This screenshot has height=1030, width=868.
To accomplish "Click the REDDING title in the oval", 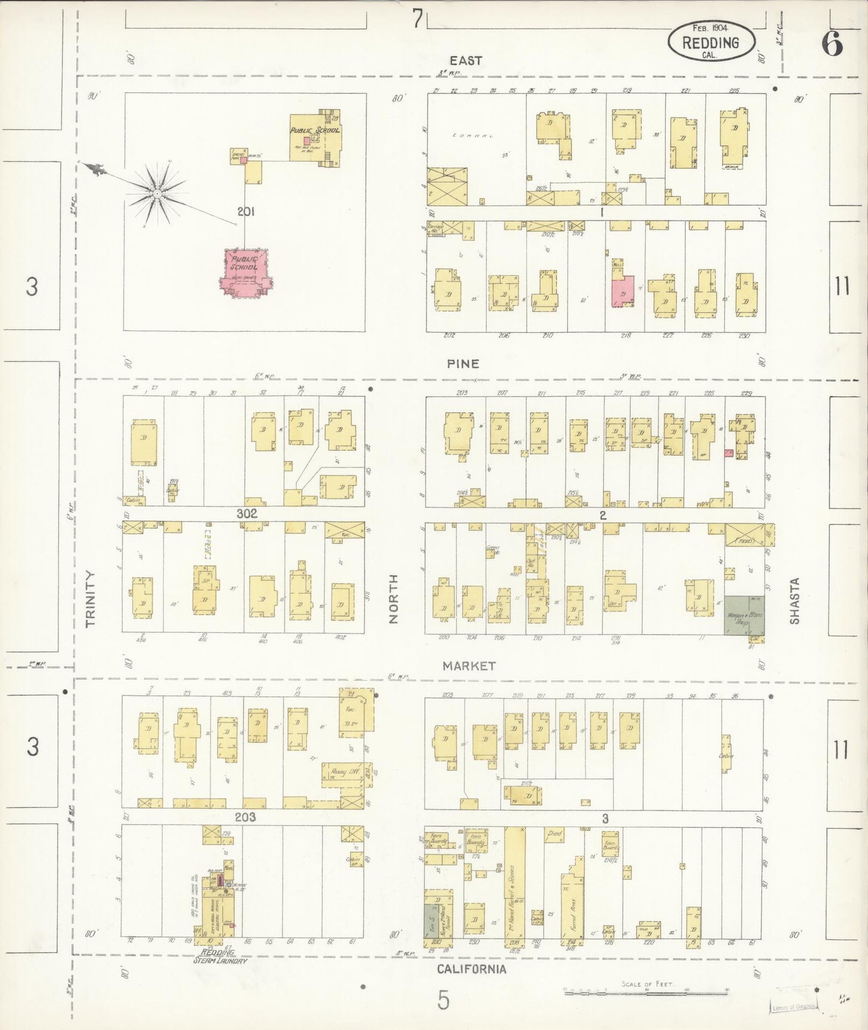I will pyautogui.click(x=711, y=43).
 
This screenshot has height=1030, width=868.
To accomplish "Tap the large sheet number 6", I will pyautogui.click(x=832, y=43).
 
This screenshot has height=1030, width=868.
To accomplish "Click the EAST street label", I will pyautogui.click(x=466, y=61).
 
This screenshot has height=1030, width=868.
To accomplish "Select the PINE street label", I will pyautogui.click(x=463, y=364).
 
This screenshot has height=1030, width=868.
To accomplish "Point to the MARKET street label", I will pyautogui.click(x=469, y=666).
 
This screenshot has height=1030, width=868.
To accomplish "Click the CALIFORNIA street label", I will pyautogui.click(x=471, y=969).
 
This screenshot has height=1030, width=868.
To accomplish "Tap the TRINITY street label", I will pyautogui.click(x=91, y=599).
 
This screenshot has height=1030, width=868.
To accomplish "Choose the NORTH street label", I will pyautogui.click(x=393, y=599).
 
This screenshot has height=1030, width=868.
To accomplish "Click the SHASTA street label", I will pyautogui.click(x=795, y=601).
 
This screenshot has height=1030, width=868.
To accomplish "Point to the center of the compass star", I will pyautogui.click(x=156, y=194).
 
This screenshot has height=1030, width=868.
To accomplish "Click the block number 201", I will pyautogui.click(x=246, y=212).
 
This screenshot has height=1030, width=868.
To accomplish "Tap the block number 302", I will pyautogui.click(x=246, y=514).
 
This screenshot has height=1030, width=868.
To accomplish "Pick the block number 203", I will pyautogui.click(x=245, y=817).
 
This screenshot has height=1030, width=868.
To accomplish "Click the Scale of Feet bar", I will pyautogui.click(x=646, y=992).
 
